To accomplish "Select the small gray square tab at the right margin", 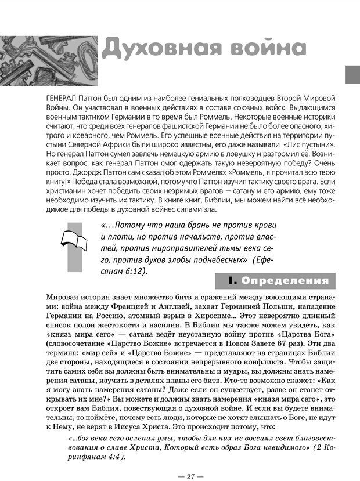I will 352,74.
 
